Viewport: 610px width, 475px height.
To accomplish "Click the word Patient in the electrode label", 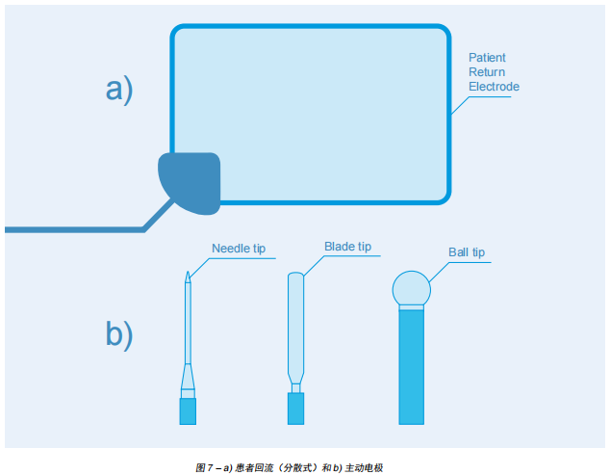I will click(487, 58).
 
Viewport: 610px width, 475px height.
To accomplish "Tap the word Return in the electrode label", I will click(486, 72).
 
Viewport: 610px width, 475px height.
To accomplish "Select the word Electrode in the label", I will click(494, 87).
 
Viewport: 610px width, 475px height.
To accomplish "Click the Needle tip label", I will click(238, 249).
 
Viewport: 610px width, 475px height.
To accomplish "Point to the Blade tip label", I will click(347, 247).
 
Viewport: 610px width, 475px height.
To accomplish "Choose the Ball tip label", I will click(467, 252).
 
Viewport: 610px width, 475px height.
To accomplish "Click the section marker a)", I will click(119, 89).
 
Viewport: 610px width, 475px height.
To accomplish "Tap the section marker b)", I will click(119, 333).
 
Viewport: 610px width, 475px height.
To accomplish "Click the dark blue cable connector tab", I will click(192, 181).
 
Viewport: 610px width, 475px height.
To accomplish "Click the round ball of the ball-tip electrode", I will click(412, 287).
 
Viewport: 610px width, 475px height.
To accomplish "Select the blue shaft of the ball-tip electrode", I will click(412, 366).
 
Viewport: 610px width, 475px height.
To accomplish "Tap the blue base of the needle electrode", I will click(188, 410).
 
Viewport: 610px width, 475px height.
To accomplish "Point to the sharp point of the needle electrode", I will click(188, 275).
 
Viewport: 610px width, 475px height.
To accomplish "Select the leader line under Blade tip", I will click(346, 255).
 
